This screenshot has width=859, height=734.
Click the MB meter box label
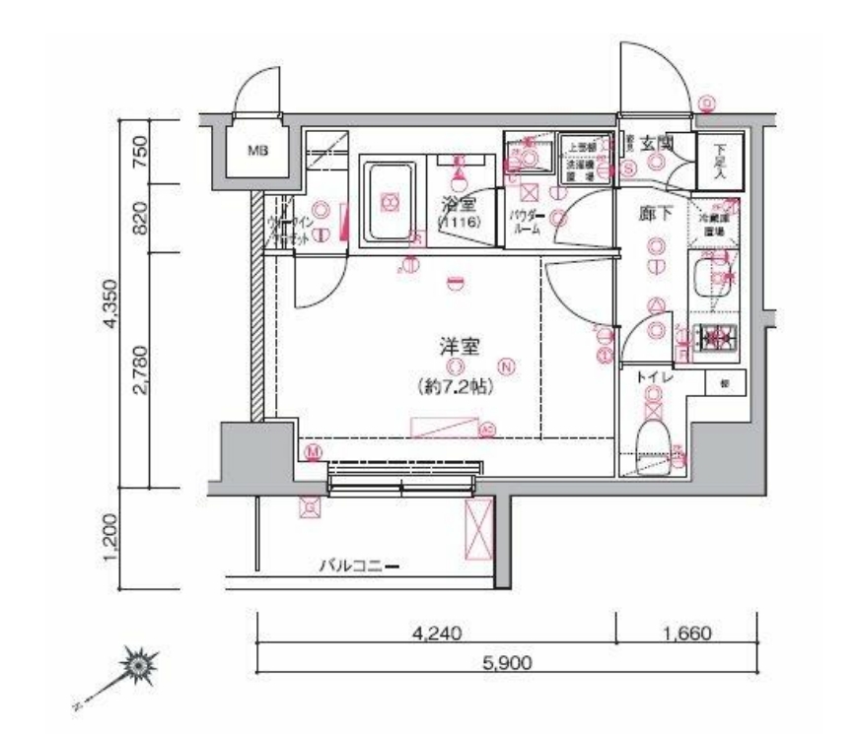click(x=257, y=151)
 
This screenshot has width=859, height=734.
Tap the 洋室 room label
click(x=460, y=346)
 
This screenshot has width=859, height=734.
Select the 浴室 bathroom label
click(x=459, y=205)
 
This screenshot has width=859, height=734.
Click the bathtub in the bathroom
click(x=391, y=205)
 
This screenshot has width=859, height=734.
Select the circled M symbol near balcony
click(x=314, y=451)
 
